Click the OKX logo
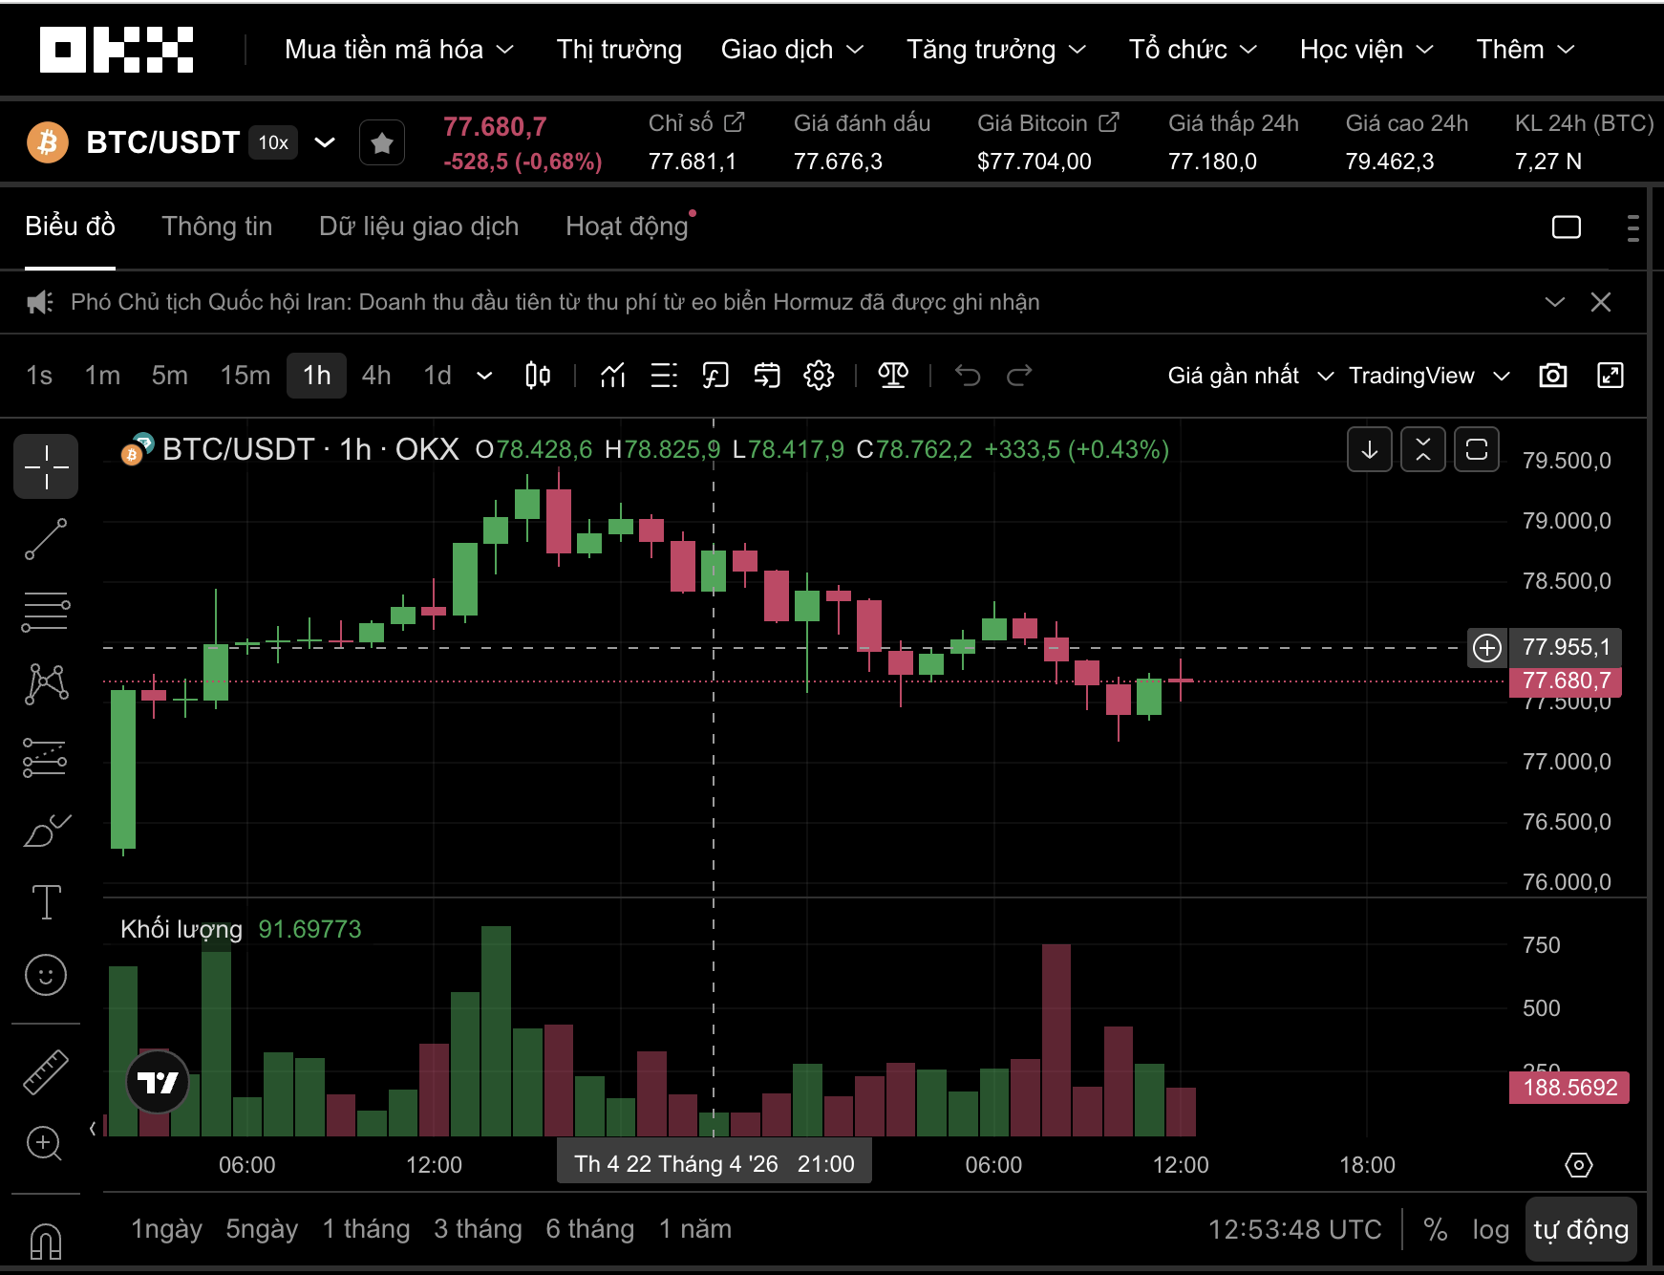click(x=117, y=50)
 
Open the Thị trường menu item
click(x=619, y=50)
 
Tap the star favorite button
click(x=382, y=143)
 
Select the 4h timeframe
click(x=376, y=376)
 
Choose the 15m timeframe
click(x=245, y=376)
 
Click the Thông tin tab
click(x=217, y=227)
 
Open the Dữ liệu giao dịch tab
click(x=418, y=227)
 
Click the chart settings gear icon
click(x=819, y=376)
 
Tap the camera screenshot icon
click(x=1553, y=376)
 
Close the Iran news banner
click(x=1601, y=302)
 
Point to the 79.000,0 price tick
click(x=1567, y=521)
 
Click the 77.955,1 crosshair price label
click(x=1567, y=647)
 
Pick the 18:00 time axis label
click(x=1367, y=1165)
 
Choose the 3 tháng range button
click(x=478, y=1229)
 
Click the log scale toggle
click(x=1490, y=1230)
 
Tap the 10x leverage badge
click(x=273, y=142)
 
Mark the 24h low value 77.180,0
click(x=1212, y=162)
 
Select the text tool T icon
click(x=46, y=901)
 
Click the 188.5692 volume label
click(x=1569, y=1088)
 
